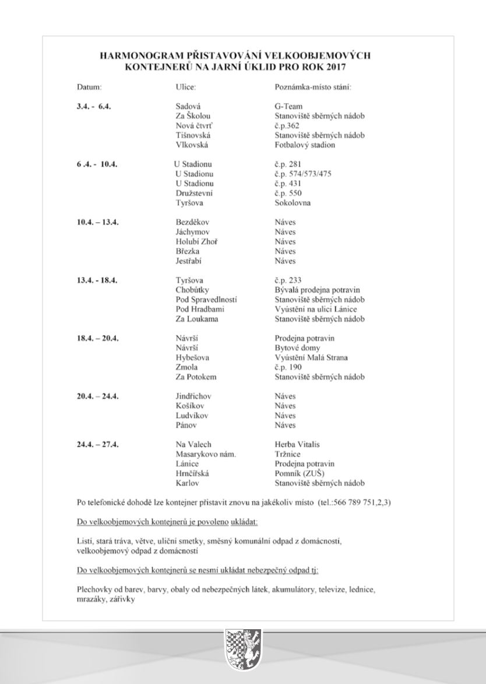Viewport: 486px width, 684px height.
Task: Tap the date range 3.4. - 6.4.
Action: click(94, 107)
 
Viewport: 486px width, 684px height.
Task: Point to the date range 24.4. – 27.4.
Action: click(98, 444)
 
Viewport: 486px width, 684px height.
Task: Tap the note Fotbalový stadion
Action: click(305, 145)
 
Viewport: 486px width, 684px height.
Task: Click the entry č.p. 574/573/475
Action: click(306, 174)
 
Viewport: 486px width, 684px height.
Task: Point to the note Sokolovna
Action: click(293, 203)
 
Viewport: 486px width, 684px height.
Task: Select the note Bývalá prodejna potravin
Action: click(318, 290)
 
